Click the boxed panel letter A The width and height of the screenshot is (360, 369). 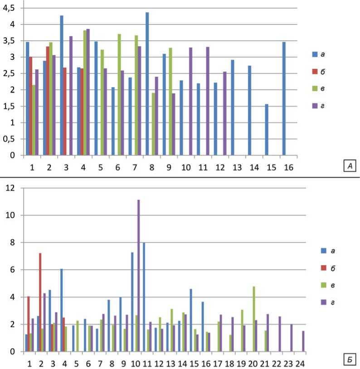click(349, 167)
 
